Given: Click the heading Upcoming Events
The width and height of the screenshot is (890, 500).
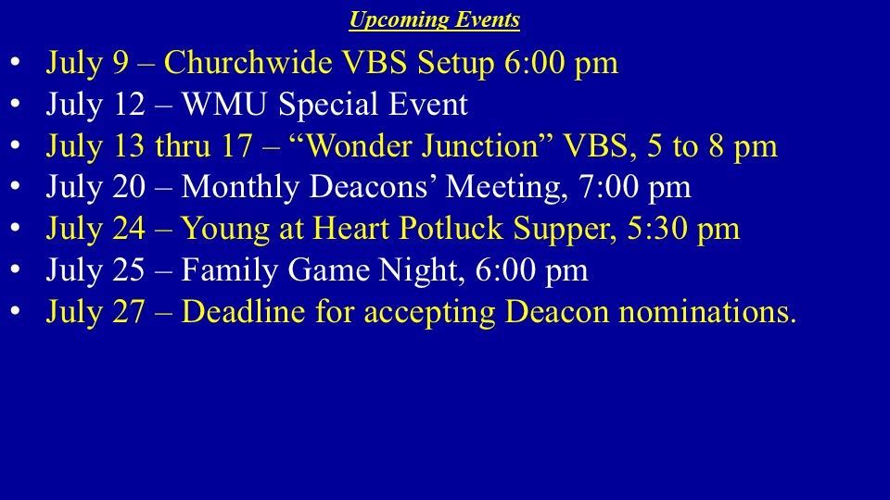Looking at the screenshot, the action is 434,19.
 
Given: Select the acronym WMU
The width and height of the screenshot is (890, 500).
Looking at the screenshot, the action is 223,105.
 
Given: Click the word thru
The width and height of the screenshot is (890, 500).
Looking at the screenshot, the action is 183,145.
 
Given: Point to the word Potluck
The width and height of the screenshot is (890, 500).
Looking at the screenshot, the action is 451,229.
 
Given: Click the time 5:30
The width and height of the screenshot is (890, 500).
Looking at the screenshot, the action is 656,229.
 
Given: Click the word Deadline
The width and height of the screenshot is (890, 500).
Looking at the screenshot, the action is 244,312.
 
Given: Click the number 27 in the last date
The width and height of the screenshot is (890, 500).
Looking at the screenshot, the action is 128,312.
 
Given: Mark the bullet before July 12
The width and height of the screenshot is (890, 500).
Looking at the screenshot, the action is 16,104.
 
